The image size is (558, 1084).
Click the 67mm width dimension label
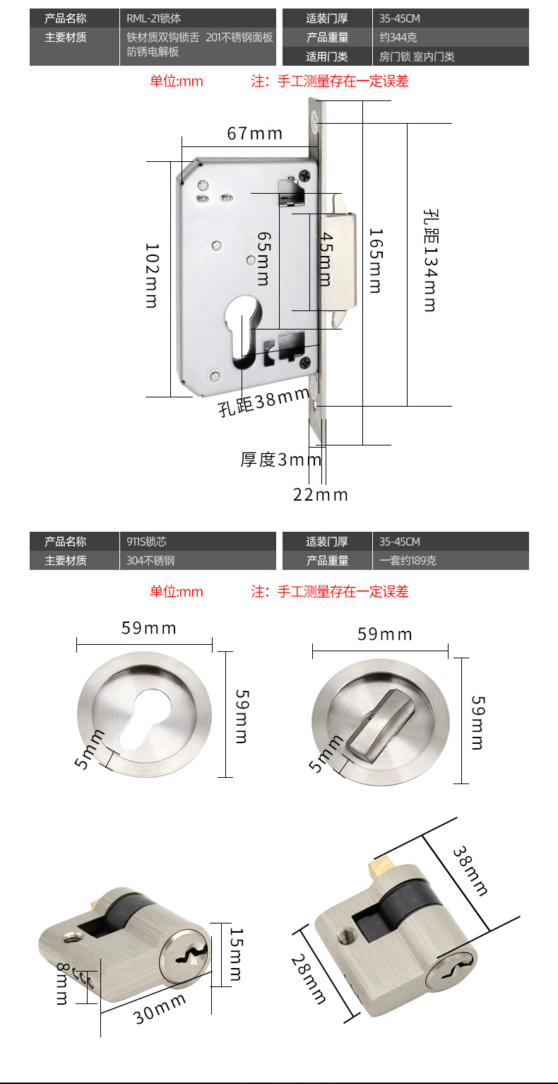254,134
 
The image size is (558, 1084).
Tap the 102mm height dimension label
152,275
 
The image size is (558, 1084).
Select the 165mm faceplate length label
376,261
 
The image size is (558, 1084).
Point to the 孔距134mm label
430,260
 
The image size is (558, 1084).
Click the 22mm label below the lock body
320,494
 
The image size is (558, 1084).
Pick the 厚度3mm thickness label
281,459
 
